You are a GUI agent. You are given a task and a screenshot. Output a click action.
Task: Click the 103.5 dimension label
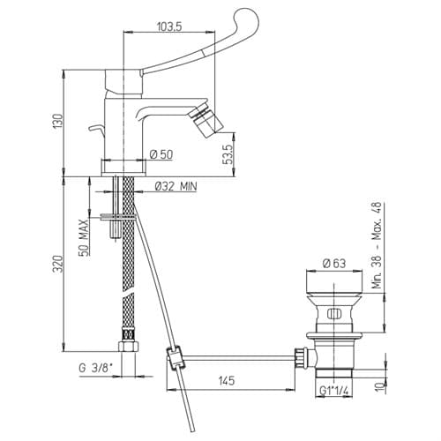[x=169, y=26]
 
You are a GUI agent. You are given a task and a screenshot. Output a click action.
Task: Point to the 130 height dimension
[x=58, y=121]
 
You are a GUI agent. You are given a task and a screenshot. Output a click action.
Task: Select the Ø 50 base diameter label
[x=161, y=154]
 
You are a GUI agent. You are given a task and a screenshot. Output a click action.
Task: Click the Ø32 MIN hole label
[x=176, y=186]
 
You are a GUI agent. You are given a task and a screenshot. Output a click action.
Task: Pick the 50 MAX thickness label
[x=83, y=237]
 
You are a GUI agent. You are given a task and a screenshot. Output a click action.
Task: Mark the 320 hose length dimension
[x=58, y=264]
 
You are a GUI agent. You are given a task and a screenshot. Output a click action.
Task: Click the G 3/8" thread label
[x=96, y=368]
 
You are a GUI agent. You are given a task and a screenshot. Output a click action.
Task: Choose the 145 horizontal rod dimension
[x=227, y=380]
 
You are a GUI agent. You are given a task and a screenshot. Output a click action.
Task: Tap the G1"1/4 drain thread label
[x=333, y=391]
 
